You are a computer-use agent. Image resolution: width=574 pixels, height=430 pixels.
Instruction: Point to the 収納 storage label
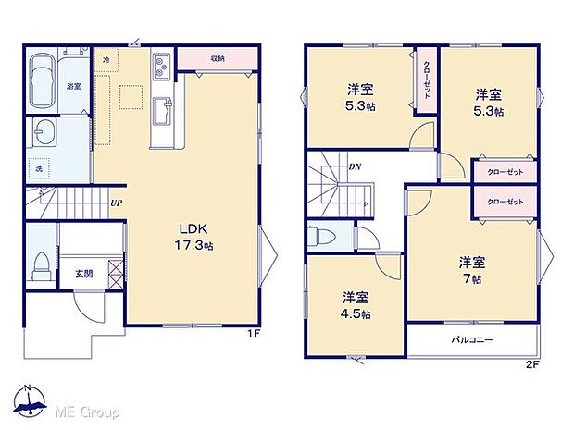pos(217,57)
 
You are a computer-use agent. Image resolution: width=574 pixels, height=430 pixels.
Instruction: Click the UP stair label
pos(116,203)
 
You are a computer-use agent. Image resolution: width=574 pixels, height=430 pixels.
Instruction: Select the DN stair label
pos(355,166)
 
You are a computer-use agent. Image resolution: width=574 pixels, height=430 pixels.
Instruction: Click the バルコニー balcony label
pos(471,338)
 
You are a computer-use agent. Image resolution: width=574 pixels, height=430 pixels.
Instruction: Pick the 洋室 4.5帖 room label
pos(356,305)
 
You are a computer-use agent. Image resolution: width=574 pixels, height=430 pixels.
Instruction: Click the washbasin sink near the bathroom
pos(44,131)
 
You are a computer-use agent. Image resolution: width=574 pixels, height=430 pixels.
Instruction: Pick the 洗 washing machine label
pos(40,168)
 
